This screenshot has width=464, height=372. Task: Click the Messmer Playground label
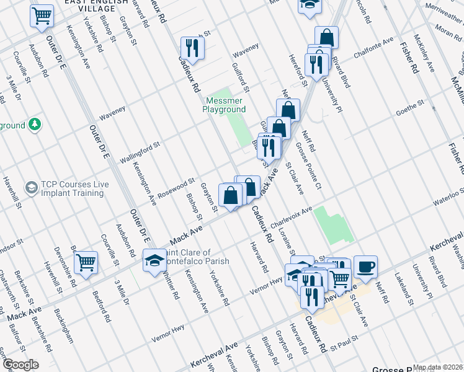pyautogui.click(x=224, y=105)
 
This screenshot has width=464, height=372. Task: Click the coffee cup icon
pyautogui.click(x=365, y=267)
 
